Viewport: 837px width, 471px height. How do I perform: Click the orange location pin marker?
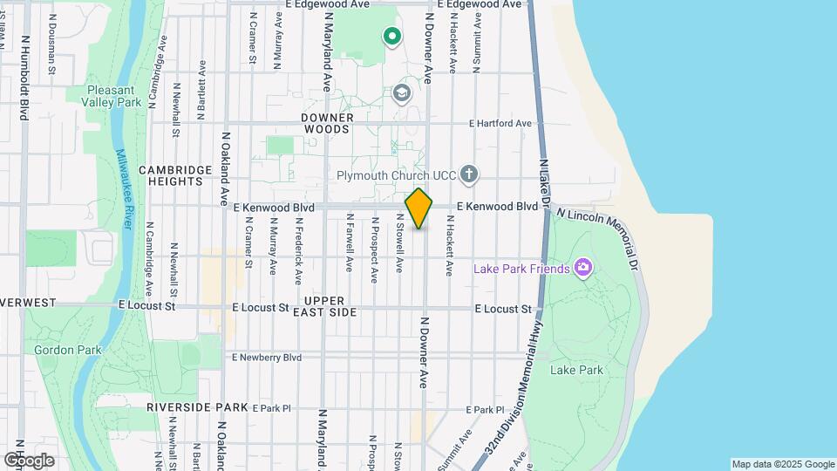pyautogui.click(x=418, y=208)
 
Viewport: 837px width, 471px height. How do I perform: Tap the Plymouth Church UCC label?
pyautogui.click(x=397, y=175)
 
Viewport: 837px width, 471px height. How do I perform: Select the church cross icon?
pyautogui.click(x=469, y=174)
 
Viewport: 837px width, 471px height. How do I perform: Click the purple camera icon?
pyautogui.click(x=583, y=268)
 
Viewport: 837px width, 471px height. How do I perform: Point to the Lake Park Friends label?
pyautogui.click(x=521, y=269)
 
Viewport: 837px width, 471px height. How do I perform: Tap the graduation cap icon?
pyautogui.click(x=401, y=93)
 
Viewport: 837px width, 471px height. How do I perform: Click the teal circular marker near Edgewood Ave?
pyautogui.click(x=392, y=36)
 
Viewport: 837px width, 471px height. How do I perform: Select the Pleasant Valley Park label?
pyautogui.click(x=111, y=96)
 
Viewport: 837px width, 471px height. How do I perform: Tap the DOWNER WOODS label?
pyautogui.click(x=328, y=123)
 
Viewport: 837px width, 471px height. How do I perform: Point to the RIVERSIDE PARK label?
pyautogui.click(x=197, y=407)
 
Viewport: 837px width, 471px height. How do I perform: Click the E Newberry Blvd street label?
pyautogui.click(x=266, y=358)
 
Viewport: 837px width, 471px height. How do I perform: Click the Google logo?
pyautogui.click(x=30, y=460)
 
